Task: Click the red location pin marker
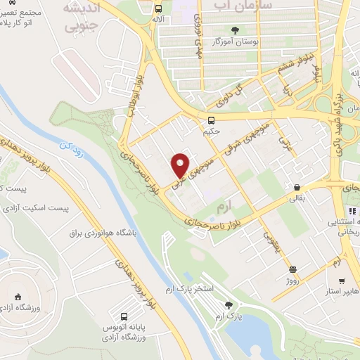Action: (x=181, y=165)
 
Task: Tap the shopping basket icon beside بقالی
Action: (x=298, y=188)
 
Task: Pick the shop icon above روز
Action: (x=292, y=269)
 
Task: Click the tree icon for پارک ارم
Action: (x=227, y=304)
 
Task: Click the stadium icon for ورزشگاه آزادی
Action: (x=18, y=297)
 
